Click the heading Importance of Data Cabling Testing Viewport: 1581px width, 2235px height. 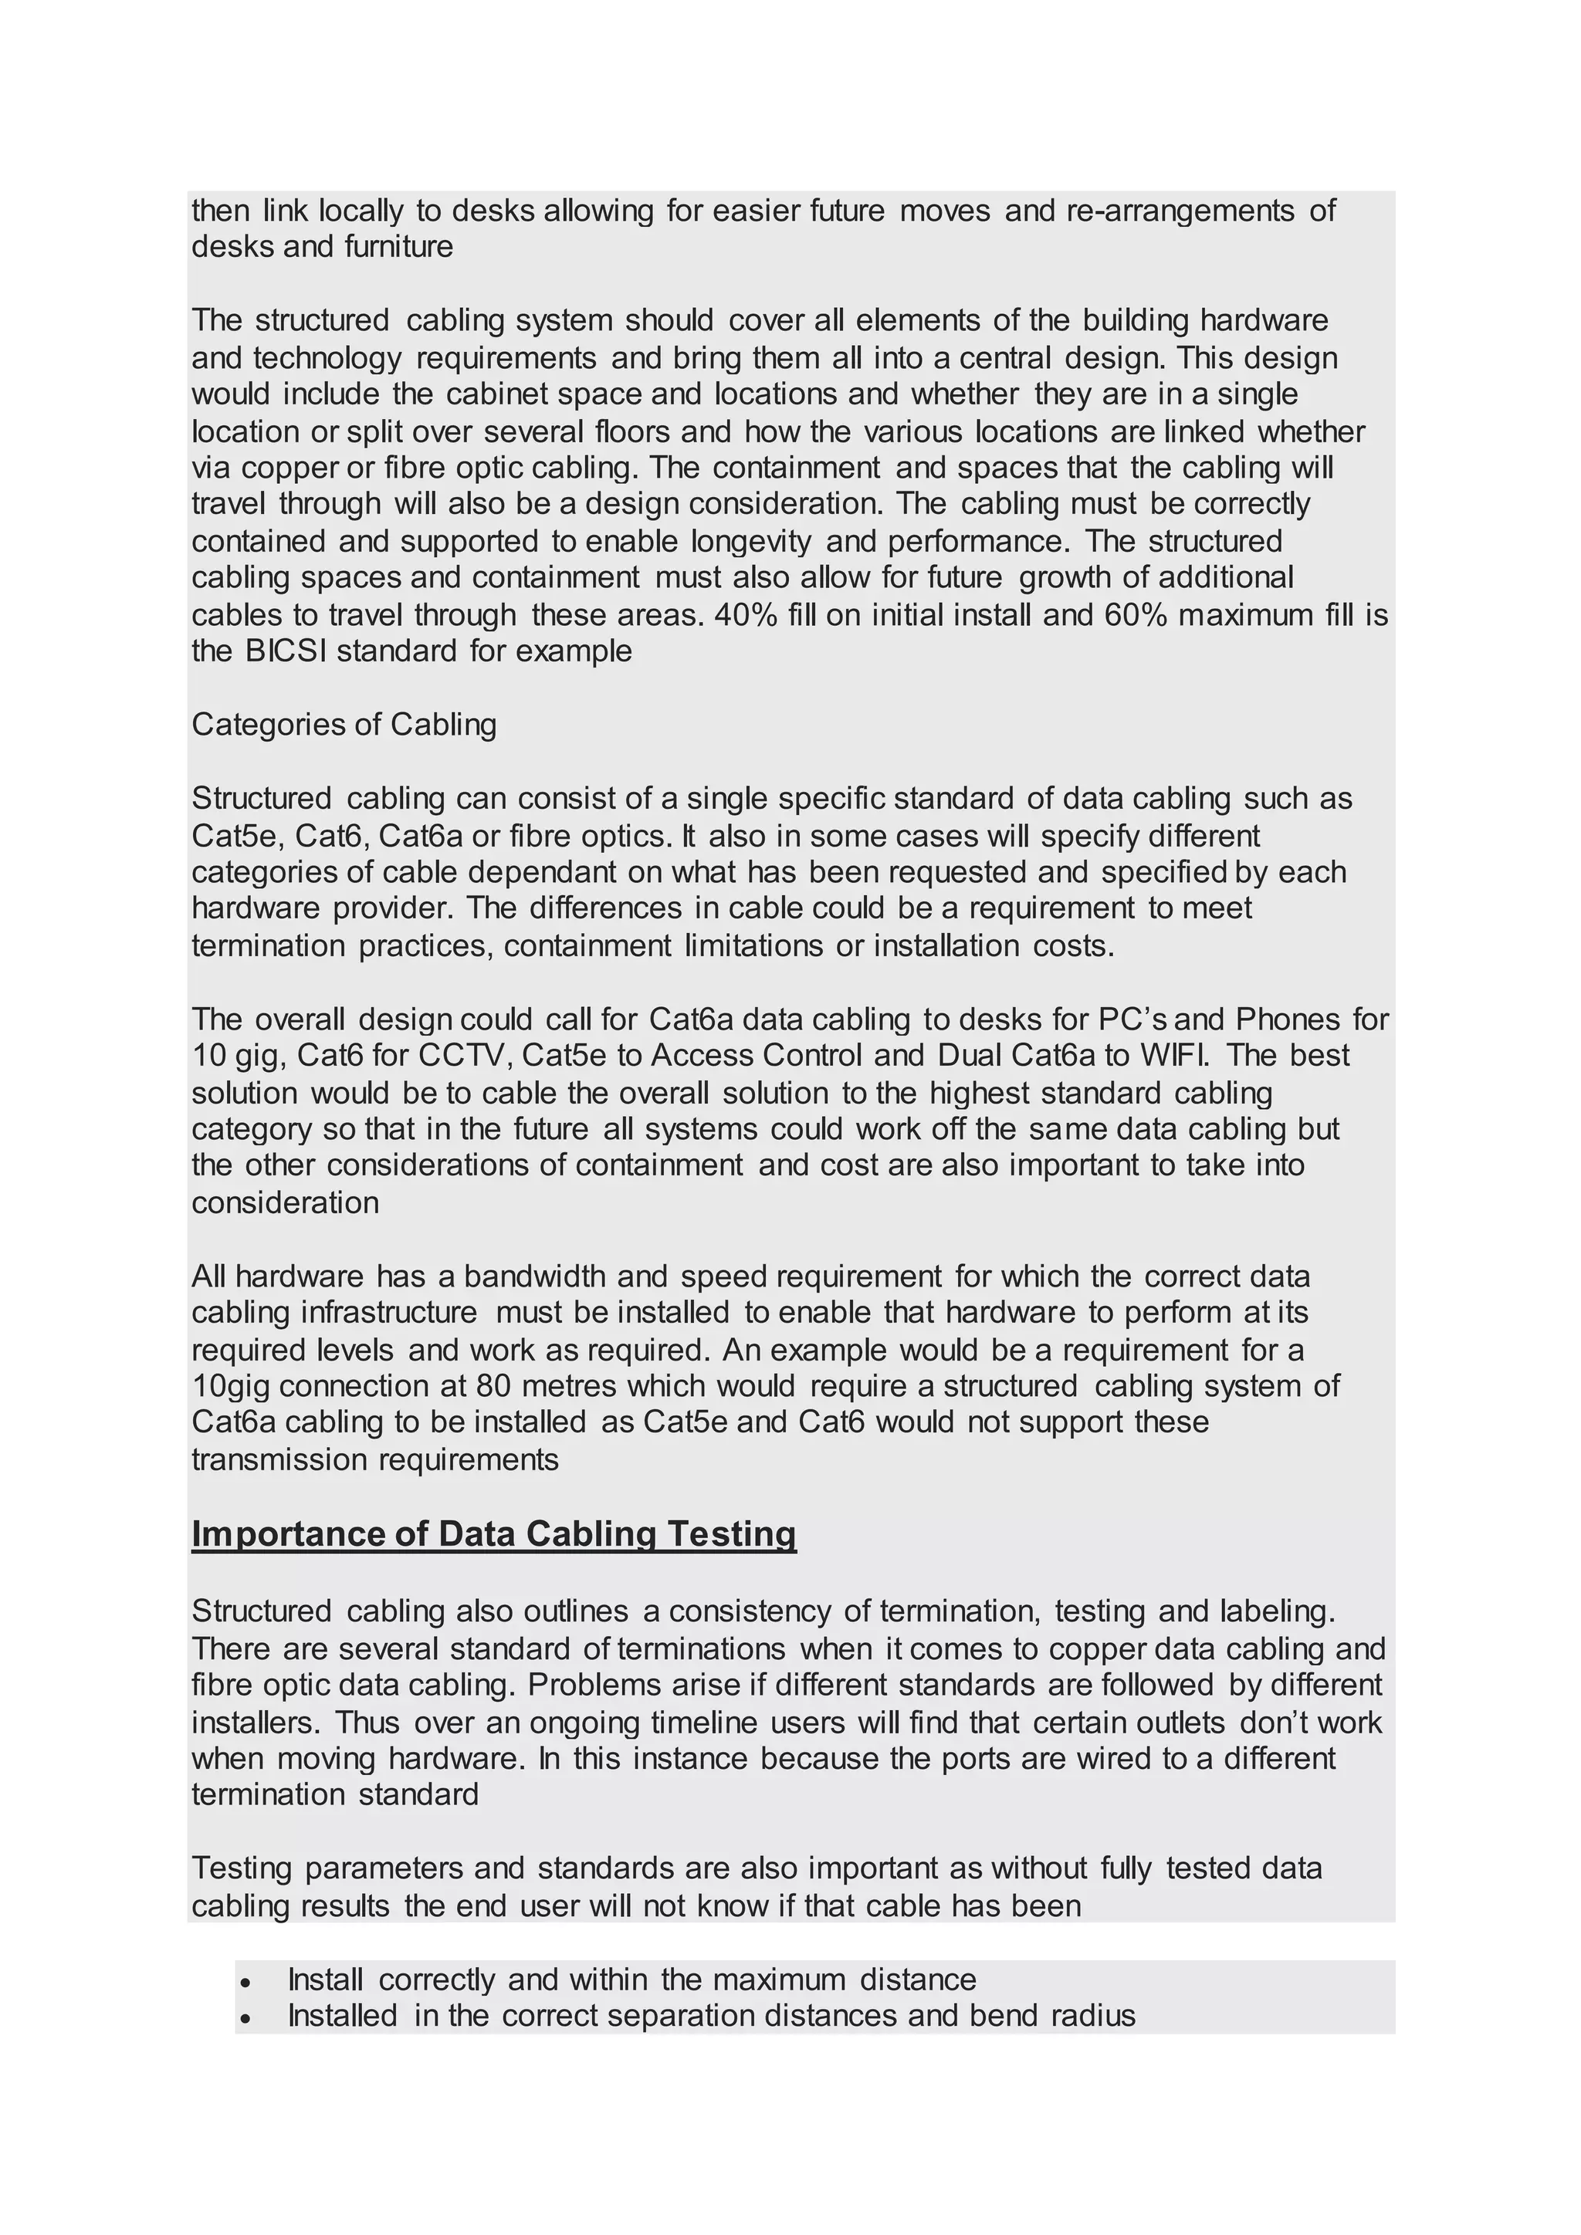(x=493, y=1533)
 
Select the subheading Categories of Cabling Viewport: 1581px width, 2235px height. (x=344, y=724)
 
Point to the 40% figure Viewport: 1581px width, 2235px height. (x=746, y=614)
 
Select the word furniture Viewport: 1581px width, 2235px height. (x=399, y=246)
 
